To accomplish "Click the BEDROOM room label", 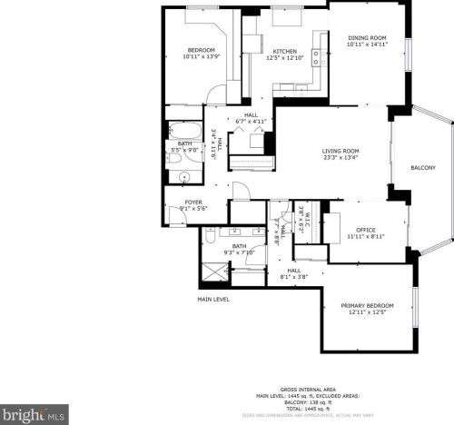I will [x=200, y=50].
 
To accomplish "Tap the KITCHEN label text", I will [x=285, y=52].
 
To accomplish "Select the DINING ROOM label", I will [x=368, y=37].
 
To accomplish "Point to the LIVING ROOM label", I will [x=340, y=151].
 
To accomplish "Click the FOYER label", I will [x=193, y=203].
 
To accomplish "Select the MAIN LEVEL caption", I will [x=213, y=299].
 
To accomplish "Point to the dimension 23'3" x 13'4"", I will [x=340, y=157].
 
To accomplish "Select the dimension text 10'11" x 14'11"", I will [x=368, y=44].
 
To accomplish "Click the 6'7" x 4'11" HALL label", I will [x=251, y=118].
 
